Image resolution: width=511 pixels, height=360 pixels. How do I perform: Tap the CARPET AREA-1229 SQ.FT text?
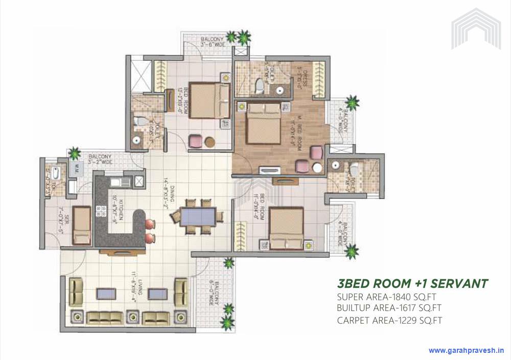pyautogui.click(x=389, y=321)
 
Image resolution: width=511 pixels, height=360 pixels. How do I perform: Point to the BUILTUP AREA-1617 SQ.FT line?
pyautogui.click(x=389, y=308)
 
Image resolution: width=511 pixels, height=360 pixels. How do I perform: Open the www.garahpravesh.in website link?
pyautogui.click(x=466, y=351)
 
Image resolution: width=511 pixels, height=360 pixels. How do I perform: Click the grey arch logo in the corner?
pyautogui.click(x=476, y=29)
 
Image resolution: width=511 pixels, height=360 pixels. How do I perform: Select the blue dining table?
pyautogui.click(x=198, y=216)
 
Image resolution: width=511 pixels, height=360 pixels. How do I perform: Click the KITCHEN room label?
pyautogui.click(x=122, y=210)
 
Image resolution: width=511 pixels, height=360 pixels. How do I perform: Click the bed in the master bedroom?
pyautogui.click(x=263, y=123)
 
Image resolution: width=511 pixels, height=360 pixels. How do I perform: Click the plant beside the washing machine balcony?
pyautogui.click(x=75, y=152)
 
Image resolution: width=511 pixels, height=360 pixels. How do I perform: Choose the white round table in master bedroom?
pyautogui.click(x=317, y=167)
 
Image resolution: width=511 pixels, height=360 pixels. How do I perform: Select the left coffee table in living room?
pyautogui.click(x=106, y=294)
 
